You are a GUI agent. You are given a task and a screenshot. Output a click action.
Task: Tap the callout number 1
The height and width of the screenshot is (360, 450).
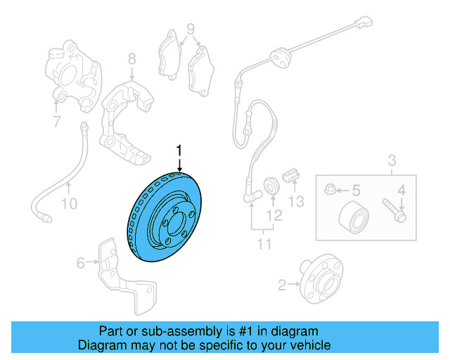pos(179,150)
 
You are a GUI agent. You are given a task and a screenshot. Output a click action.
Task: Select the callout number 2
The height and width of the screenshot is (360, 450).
pos(283,285)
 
